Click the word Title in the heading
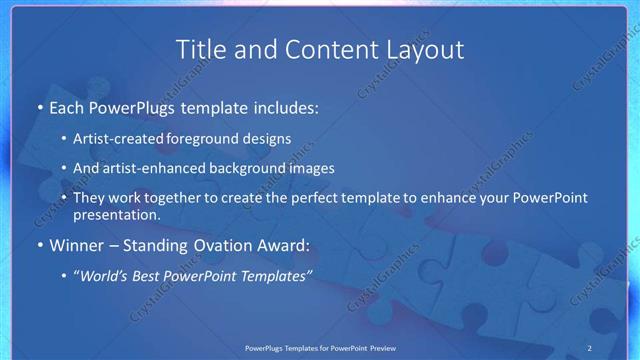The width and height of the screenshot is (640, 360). tap(200, 49)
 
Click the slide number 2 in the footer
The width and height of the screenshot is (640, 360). tap(589, 347)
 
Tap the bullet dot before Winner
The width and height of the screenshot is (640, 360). tap(39, 245)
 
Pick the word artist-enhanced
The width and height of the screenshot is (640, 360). tap(153, 169)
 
